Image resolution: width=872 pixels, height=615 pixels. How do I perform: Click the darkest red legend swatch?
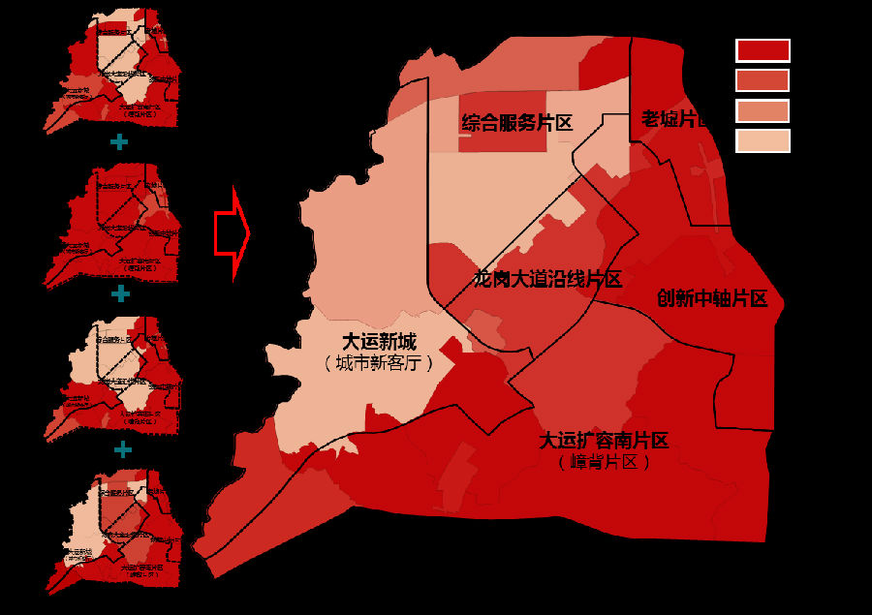[763, 50]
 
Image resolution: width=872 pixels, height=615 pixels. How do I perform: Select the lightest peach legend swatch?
[763, 141]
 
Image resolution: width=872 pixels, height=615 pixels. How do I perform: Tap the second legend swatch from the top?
[763, 80]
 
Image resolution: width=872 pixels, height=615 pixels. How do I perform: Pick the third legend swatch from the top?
[763, 111]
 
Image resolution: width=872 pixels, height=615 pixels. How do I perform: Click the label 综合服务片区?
[517, 123]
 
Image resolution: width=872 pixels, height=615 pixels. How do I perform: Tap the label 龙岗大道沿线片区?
[547, 280]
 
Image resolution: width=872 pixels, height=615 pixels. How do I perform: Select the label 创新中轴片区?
[712, 298]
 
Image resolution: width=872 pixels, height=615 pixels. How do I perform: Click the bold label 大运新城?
[379, 342]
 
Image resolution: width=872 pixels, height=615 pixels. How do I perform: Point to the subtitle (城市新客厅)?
[379, 363]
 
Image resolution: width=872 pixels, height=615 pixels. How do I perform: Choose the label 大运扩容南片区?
[604, 442]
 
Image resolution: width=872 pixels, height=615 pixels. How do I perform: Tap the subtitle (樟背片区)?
[604, 462]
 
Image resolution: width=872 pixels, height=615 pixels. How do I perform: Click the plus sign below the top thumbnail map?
[119, 142]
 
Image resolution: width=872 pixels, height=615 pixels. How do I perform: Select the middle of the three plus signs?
[120, 293]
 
